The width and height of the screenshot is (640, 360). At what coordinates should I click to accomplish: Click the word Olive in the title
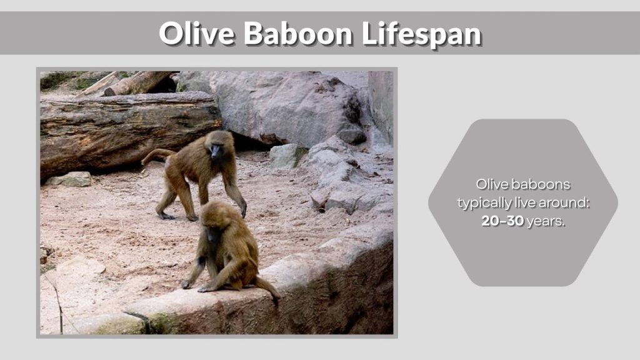pos(196,33)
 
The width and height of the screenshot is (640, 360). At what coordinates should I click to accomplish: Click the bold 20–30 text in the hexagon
pos(502,221)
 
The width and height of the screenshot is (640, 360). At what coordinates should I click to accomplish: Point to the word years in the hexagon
pos(546,222)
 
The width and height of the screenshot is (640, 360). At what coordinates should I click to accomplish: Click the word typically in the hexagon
pos(481,203)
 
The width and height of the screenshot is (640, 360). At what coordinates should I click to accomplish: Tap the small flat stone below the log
pos(70,179)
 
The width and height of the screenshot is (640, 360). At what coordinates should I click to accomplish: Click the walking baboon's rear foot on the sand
pos(166,215)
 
